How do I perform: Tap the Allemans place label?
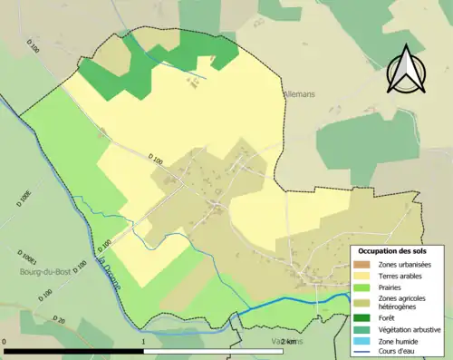[x=298, y=92]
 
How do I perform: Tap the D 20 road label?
[x=59, y=320]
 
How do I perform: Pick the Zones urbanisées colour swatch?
[x=362, y=264]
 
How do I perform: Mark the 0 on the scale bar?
[x=5, y=341]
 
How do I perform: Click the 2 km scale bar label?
[x=288, y=341]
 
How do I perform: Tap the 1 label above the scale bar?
[x=144, y=341]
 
